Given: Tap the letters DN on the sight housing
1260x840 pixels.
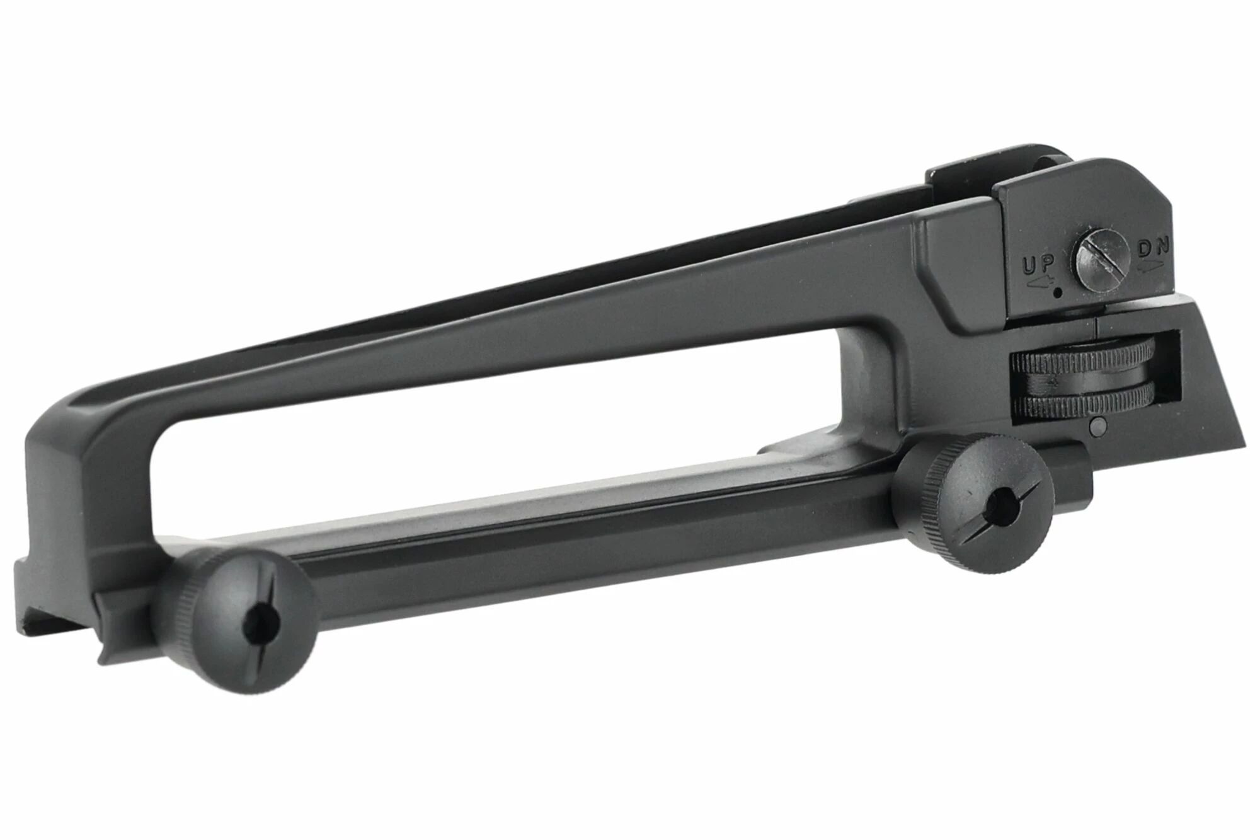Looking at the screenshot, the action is (1154, 247).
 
